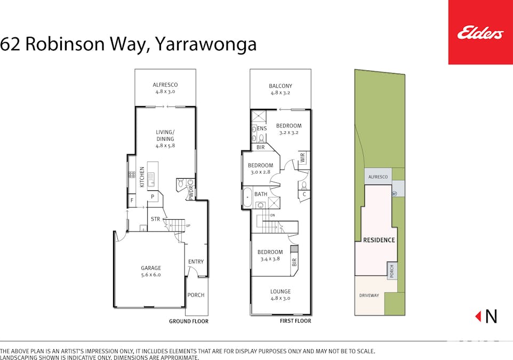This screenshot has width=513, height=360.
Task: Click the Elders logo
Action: [x=480, y=33]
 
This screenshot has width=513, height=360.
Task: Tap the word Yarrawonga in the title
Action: [x=206, y=44]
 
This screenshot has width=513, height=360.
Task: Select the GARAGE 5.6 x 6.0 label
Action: [x=151, y=271]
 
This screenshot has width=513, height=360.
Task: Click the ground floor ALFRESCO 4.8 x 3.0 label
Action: [x=165, y=88]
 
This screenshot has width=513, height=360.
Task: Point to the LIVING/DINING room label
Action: [x=165, y=139]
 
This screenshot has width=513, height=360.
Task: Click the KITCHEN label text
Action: [x=142, y=177]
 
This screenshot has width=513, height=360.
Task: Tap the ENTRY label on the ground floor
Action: [x=196, y=261]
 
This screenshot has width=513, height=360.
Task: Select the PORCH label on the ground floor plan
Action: [x=196, y=295]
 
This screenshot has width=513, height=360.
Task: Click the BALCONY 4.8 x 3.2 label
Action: [x=280, y=89]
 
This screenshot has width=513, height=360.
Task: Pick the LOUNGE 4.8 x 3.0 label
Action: [x=280, y=295]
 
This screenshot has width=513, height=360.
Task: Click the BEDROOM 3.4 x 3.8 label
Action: [x=270, y=255]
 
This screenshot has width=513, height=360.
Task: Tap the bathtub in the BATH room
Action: [x=247, y=198]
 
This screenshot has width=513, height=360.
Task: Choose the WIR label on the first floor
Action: [x=302, y=158]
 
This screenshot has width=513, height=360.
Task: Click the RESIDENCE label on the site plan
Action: [x=379, y=240]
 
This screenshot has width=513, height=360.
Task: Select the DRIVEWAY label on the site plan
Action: [x=368, y=295]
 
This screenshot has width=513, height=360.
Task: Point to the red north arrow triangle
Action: [x=478, y=316]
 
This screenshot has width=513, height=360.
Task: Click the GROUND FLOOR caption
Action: [x=189, y=322]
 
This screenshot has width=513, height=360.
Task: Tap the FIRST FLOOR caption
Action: [x=295, y=321]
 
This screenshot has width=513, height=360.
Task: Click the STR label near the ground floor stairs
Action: [x=156, y=219]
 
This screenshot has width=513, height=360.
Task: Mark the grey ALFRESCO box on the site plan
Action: [x=378, y=177]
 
